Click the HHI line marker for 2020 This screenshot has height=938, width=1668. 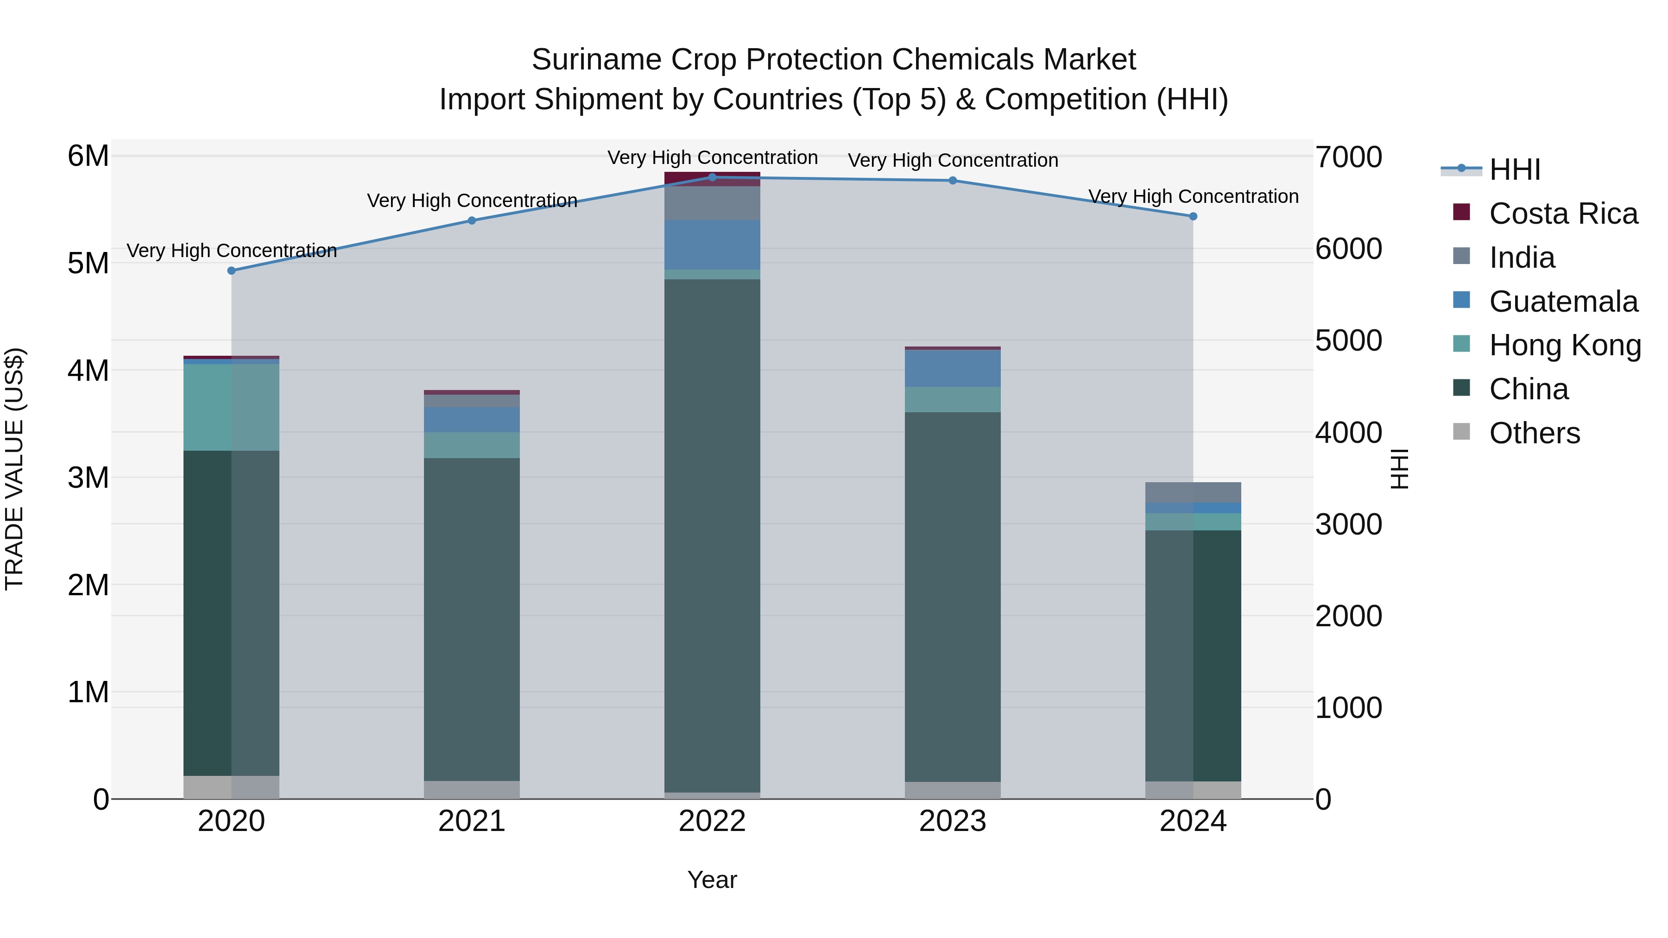231,271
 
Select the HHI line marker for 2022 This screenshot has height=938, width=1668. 712,177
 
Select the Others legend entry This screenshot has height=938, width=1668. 1534,433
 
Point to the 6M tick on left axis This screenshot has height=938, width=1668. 88,156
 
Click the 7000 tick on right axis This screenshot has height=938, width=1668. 1349,157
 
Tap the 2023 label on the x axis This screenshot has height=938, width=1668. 953,821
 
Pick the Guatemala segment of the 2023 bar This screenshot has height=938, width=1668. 953,368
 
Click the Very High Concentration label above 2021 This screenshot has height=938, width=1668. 472,201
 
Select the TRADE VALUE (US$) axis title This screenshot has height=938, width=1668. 14,469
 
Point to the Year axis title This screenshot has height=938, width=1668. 712,880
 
